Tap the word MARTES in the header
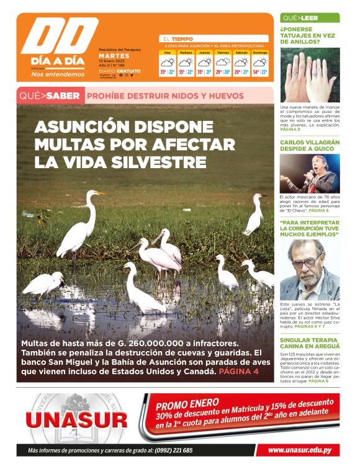coord(114,56)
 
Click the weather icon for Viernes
coord(222,62)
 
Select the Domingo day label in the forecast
coord(260,53)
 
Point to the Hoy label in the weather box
coord(168,53)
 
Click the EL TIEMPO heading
coord(178,38)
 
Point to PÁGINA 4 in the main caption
coord(239,371)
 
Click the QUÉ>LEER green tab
coord(300,18)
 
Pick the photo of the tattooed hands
coord(309,76)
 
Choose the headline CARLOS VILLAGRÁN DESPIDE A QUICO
coord(309,146)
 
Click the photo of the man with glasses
coord(309,270)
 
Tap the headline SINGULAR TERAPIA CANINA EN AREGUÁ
coord(309,344)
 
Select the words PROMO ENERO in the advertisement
coord(184,404)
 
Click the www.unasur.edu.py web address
coord(304,450)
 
